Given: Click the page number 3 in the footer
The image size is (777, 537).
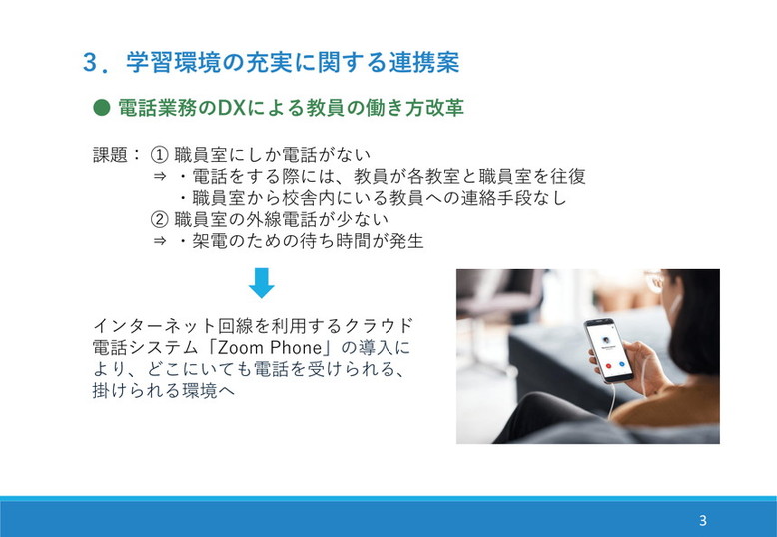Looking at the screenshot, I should tap(703, 520).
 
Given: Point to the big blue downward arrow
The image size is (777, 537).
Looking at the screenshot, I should tap(261, 281).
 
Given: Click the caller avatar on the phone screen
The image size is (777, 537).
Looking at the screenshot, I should tap(605, 339).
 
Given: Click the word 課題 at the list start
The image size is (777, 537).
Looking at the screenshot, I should tap(111, 156).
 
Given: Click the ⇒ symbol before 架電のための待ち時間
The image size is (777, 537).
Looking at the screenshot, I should tap(159, 241).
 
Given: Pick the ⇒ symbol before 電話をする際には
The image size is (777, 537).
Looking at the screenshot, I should tap(159, 177).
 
